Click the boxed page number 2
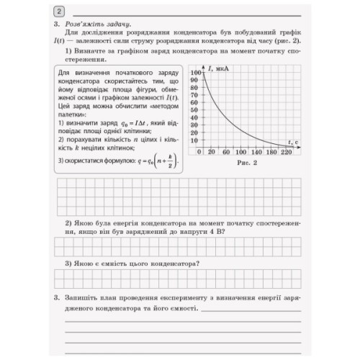(x=58, y=11)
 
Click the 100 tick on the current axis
(x=194, y=73)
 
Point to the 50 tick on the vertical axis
(x=194, y=109)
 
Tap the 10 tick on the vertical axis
(x=194, y=138)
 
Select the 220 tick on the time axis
(x=287, y=153)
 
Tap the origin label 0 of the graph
(x=199, y=153)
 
